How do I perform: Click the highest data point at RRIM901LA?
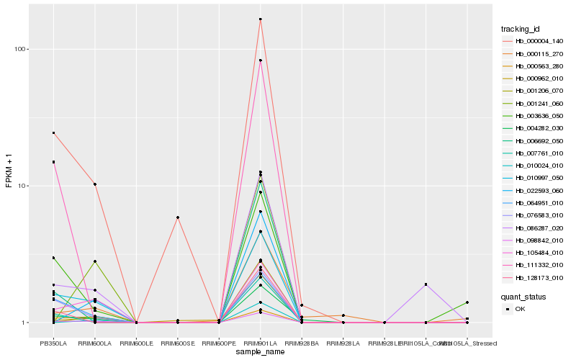point(260,19)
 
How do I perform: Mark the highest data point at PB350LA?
point(53,132)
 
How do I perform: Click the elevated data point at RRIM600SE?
point(177,217)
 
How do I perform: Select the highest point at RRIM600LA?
point(95,184)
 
